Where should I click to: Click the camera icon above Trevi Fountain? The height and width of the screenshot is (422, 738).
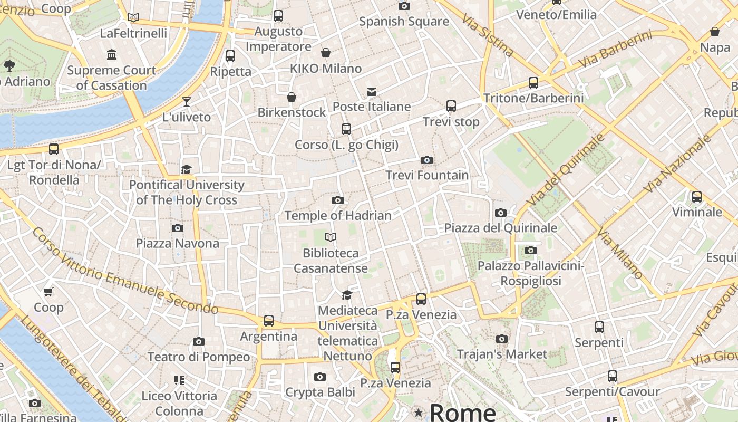click(427, 160)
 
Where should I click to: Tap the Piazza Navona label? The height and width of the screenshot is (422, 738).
click(177, 243)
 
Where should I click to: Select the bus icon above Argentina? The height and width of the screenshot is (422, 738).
click(269, 320)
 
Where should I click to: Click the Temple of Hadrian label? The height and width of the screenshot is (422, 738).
click(338, 215)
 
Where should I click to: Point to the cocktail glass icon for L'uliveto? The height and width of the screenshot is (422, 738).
click(186, 101)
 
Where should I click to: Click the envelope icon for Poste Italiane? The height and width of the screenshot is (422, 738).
click(372, 91)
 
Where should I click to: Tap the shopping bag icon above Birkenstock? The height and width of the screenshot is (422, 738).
click(292, 97)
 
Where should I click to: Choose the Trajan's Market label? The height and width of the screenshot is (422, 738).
click(502, 354)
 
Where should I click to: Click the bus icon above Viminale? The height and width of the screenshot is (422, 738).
click(697, 197)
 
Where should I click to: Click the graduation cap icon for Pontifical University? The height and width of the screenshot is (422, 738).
click(186, 169)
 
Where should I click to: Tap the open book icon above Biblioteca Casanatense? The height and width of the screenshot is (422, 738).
click(331, 237)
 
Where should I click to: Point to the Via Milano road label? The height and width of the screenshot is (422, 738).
click(619, 254)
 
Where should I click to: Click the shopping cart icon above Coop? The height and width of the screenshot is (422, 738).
click(48, 292)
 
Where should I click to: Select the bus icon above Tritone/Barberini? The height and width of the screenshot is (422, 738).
click(533, 83)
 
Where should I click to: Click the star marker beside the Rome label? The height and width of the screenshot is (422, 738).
click(419, 412)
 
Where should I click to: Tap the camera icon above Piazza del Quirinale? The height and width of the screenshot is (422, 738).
click(501, 213)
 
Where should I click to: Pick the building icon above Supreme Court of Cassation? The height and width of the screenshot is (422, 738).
click(112, 54)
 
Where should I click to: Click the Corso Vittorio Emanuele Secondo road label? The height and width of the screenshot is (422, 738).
click(125, 271)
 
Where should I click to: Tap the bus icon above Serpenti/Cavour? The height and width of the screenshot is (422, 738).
click(612, 376)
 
